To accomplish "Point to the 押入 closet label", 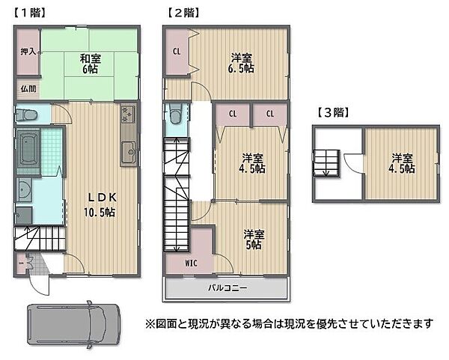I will (x=27, y=52).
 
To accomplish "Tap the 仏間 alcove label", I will (x=26, y=88).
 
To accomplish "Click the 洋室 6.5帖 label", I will (x=241, y=63).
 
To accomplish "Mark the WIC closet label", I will (x=192, y=263).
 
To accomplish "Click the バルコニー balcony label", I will (x=226, y=287).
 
